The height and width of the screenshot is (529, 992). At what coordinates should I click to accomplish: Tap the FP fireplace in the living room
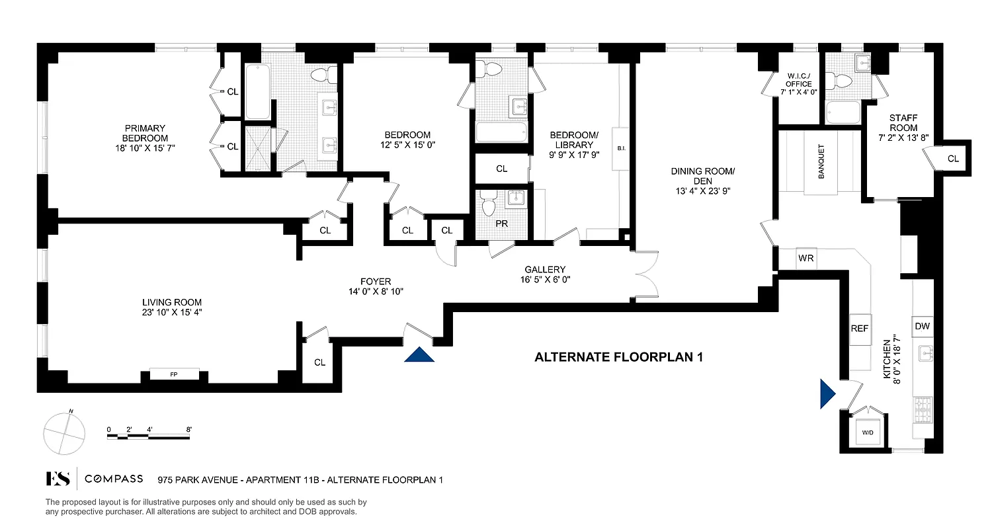coord(174,374)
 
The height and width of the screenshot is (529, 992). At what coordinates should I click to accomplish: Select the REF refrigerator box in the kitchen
coord(860,328)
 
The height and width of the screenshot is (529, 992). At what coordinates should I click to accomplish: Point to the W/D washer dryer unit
coord(867,432)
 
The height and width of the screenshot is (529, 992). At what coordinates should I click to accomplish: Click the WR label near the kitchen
coord(806,259)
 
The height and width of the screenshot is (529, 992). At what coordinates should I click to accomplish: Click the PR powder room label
coord(502,224)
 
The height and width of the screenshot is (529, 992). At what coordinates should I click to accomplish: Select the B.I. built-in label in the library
coord(621,149)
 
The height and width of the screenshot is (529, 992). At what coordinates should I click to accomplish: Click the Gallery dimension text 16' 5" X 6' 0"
coord(545,280)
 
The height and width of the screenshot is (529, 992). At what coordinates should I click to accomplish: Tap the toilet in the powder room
coord(489,203)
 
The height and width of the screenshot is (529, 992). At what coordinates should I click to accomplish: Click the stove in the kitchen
coord(922,411)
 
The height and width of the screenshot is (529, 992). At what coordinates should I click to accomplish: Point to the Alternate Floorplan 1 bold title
coord(618,358)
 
